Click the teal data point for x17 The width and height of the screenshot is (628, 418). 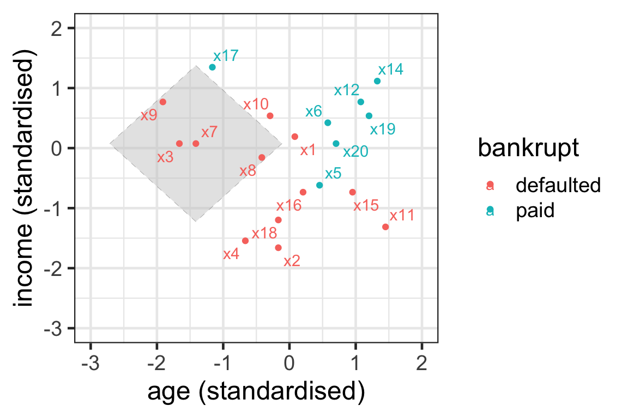click(212, 67)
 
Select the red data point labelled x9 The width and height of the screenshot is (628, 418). click(162, 102)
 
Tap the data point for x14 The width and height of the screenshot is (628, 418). click(377, 81)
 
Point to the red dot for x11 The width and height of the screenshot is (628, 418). click(385, 226)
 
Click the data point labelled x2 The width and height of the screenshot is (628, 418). click(278, 248)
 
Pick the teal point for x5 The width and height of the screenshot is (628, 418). click(319, 185)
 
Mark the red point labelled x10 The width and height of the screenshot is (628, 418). click(270, 115)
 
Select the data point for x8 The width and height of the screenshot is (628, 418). click(262, 157)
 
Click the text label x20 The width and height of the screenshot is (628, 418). click(355, 151)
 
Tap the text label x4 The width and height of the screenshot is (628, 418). click(231, 254)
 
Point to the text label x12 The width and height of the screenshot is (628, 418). click(347, 90)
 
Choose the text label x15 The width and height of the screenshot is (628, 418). click(366, 206)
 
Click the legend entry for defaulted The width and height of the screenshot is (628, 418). click(558, 186)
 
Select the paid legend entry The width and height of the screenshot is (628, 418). click(535, 211)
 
